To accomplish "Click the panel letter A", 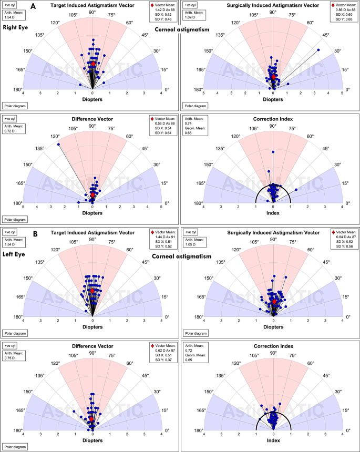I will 33,6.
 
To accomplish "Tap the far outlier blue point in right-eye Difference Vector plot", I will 58,145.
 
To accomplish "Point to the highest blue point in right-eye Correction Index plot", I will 273,152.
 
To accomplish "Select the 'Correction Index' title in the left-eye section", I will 273,346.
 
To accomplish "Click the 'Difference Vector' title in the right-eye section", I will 92,118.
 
